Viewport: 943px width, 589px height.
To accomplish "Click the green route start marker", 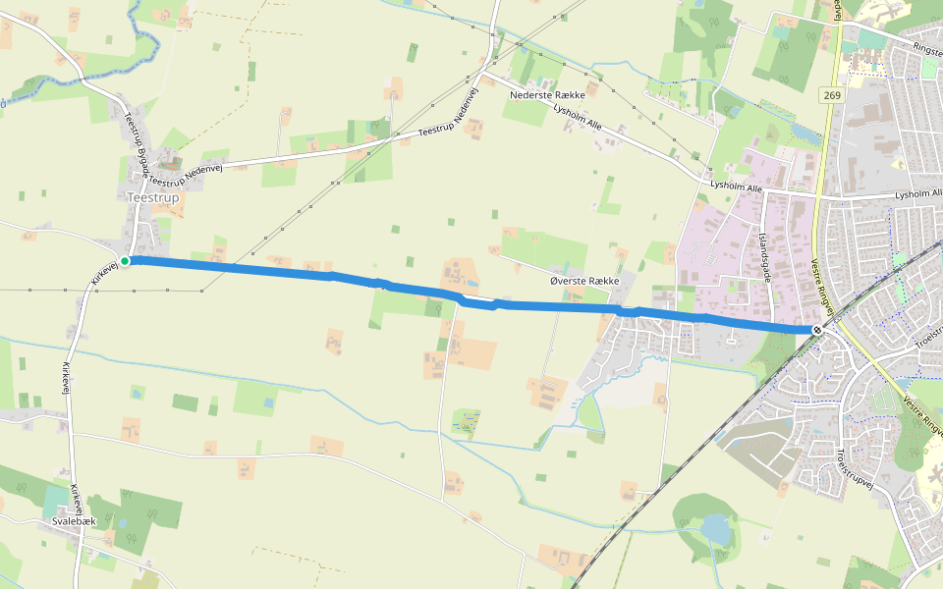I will pyautogui.click(x=125, y=260).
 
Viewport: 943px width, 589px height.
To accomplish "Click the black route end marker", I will pyautogui.click(x=817, y=330).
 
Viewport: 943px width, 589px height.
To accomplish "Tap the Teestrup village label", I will pyautogui.click(x=153, y=197).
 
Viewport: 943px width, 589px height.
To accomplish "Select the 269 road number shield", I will pyautogui.click(x=833, y=95).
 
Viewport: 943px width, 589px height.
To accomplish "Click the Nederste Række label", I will pyautogui.click(x=548, y=95).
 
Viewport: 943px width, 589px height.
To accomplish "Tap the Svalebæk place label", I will pyautogui.click(x=74, y=521).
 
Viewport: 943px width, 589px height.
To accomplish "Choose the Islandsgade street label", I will pyautogui.click(x=765, y=255).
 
